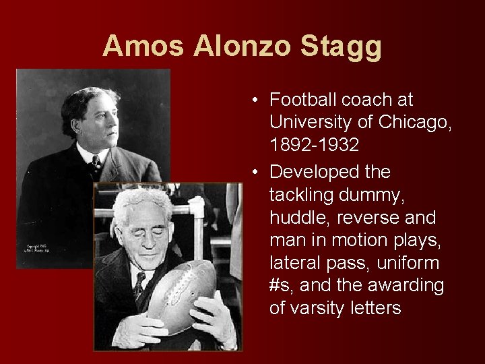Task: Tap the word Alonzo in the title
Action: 242,46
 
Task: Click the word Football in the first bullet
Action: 303,100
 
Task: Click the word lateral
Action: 295,263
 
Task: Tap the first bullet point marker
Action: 257,100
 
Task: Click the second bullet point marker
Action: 257,173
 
